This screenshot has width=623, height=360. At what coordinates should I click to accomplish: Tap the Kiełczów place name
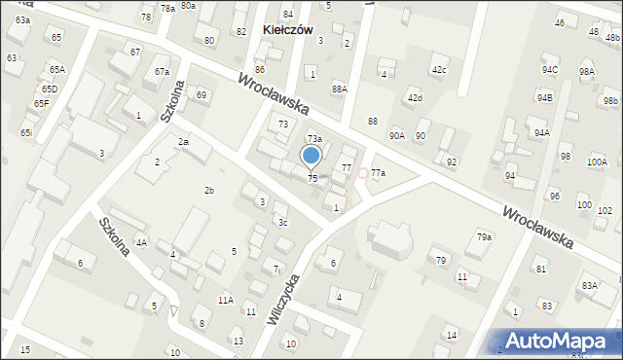[288, 30]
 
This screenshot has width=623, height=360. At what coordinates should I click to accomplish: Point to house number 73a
[314, 140]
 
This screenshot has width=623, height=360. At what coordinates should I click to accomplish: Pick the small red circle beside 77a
[363, 173]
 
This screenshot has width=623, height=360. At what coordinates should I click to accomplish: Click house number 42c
[439, 70]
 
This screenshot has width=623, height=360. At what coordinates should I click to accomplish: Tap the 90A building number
[396, 136]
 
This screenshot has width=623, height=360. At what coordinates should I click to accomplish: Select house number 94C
[550, 70]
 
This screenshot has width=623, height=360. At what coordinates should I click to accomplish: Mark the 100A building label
[597, 162]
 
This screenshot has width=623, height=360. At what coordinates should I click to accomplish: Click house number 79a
[484, 237]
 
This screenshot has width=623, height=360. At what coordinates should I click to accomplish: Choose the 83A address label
[589, 286]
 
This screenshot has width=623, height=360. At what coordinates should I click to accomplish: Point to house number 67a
[162, 72]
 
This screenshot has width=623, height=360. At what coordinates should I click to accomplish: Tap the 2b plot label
[208, 190]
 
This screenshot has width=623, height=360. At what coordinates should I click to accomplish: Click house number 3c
[282, 224]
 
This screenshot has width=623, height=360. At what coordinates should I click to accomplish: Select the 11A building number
[225, 301]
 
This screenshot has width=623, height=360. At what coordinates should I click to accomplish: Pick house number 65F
[41, 103]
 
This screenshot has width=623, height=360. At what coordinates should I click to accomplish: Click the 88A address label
[339, 90]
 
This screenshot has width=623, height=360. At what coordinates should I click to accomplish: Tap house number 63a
[22, 20]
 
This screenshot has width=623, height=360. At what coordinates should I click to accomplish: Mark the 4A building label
[141, 243]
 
